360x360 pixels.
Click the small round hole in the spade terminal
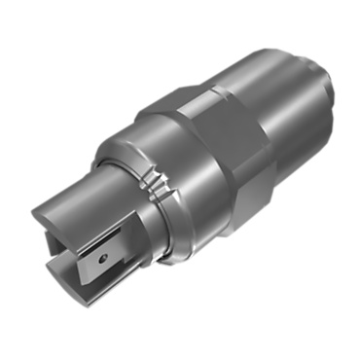(x=101, y=260)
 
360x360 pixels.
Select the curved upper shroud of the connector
(x=83, y=199)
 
